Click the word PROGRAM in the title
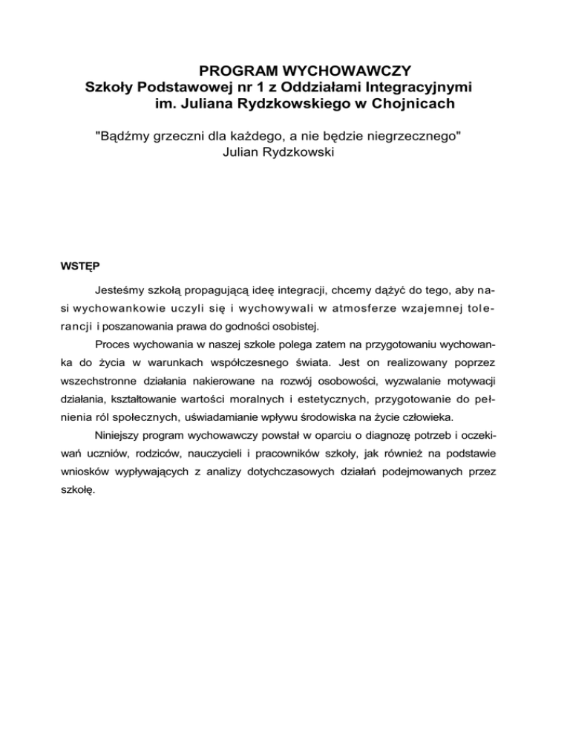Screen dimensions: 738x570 click(235, 71)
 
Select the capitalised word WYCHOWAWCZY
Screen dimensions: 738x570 click(350, 71)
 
